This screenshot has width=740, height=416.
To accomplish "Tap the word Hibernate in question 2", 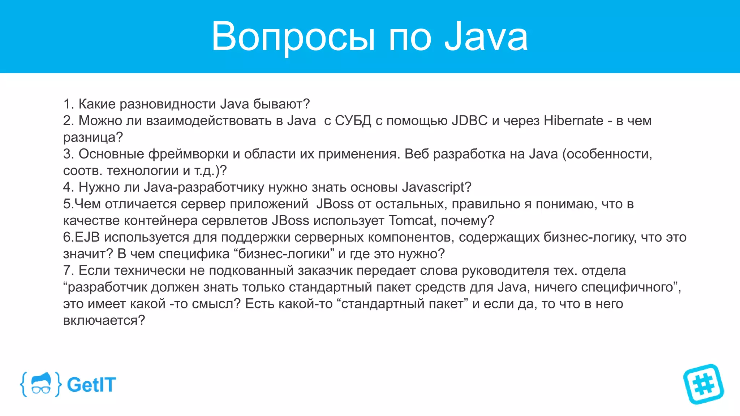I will pyautogui.click(x=573, y=121).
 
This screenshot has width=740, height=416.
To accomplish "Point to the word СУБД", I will pyautogui.click(x=353, y=121).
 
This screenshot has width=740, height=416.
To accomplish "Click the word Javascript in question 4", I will pyautogui.click(x=436, y=187).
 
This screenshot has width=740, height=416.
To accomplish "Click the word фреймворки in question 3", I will pyautogui.click(x=188, y=154).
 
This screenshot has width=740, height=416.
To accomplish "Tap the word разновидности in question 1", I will pyautogui.click(x=168, y=104).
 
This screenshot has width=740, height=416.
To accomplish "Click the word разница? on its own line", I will pyautogui.click(x=93, y=138).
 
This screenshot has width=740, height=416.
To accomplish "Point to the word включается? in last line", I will pyautogui.click(x=104, y=320).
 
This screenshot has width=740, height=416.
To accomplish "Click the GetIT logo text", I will pyautogui.click(x=91, y=385).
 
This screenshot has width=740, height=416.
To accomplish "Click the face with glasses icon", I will pyautogui.click(x=40, y=384).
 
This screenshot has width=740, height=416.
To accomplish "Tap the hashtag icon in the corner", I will pyautogui.click(x=703, y=384).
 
